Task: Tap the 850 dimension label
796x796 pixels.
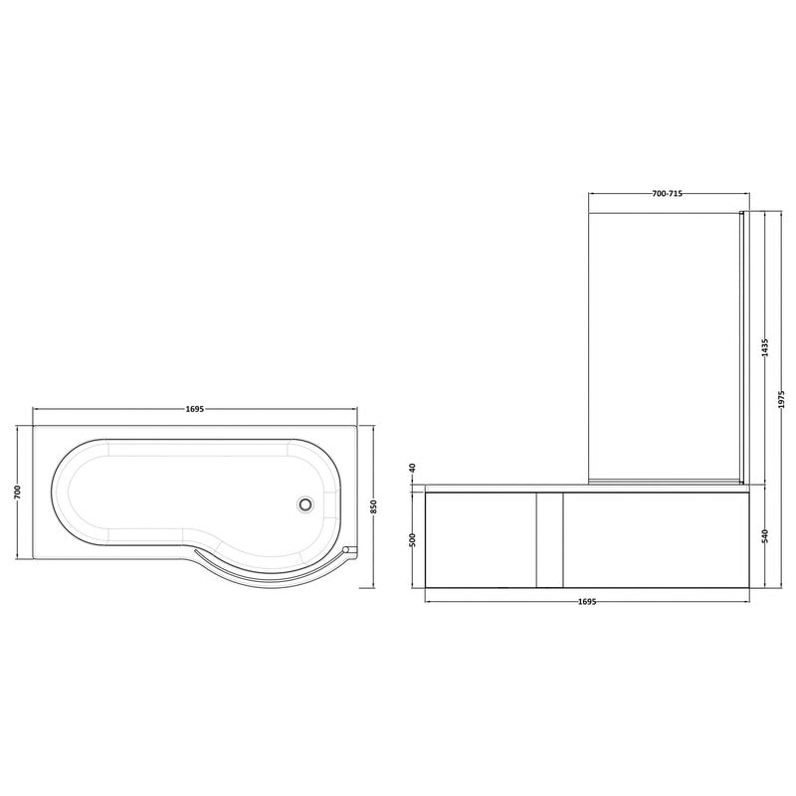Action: pos(372,504)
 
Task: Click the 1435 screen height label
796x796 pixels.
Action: pos(765,349)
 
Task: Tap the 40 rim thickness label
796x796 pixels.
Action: pos(411,468)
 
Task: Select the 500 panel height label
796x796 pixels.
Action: pos(411,539)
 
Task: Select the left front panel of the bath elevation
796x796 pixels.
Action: pos(480,538)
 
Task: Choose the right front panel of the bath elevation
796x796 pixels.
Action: pos(652,538)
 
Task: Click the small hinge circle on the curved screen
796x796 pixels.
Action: pos(344,548)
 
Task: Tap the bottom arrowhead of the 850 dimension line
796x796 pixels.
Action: pos(372,587)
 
